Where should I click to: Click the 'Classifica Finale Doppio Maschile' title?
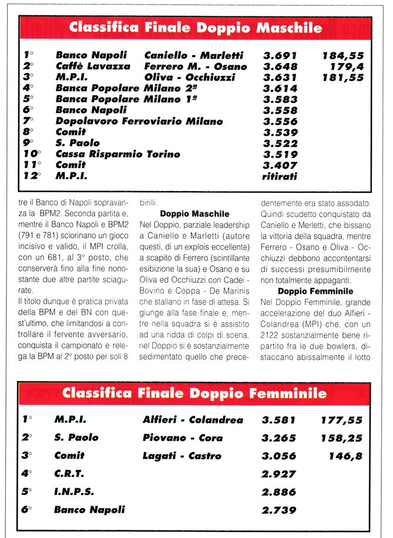click(196, 28)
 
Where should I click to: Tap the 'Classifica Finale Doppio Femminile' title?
click(194, 393)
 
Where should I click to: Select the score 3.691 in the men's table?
click(280, 55)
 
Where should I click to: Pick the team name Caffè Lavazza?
click(93, 66)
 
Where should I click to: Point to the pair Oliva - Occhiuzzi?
click(190, 77)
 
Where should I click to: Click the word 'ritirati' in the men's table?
click(280, 176)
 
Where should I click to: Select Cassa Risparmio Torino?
click(117, 154)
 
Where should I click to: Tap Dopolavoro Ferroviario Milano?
click(139, 121)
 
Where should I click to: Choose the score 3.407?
click(280, 165)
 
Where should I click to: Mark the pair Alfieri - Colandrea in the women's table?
click(192, 420)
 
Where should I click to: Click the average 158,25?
click(341, 437)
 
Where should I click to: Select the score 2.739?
click(278, 510)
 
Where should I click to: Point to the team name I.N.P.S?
click(74, 492)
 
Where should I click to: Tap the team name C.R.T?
click(69, 473)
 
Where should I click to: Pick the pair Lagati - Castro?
click(182, 456)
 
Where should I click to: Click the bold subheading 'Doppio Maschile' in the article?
click(194, 214)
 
